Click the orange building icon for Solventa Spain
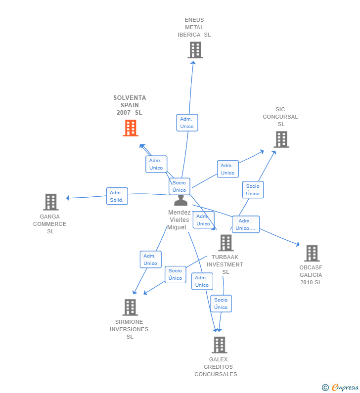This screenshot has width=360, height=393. [131, 128]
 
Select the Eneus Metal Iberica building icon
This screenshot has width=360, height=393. [195, 50]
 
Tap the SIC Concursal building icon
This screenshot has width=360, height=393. [281, 139]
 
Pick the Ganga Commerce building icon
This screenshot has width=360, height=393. [51, 202]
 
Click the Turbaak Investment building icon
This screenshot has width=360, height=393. [226, 243]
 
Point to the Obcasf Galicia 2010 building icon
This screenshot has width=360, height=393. [312, 253]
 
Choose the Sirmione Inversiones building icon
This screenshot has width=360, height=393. [130, 307]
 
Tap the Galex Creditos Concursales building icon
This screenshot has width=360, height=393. [220, 345]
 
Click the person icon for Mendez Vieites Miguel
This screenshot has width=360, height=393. [181, 200]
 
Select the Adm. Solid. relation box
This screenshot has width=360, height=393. [117, 196]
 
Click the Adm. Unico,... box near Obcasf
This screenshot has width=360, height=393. [246, 224]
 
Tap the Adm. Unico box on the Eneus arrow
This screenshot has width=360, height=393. [187, 123]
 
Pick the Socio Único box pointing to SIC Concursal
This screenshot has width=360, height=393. [253, 190]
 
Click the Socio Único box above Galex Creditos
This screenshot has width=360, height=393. [221, 304]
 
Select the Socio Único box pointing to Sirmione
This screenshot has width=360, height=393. [176, 274]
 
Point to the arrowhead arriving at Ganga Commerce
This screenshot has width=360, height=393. [68, 198]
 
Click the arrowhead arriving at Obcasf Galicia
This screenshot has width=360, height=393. [298, 244]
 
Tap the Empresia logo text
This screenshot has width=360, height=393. [345, 388]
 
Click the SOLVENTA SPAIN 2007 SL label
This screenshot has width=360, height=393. [130, 105]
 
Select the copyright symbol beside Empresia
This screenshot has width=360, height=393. [325, 388]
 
